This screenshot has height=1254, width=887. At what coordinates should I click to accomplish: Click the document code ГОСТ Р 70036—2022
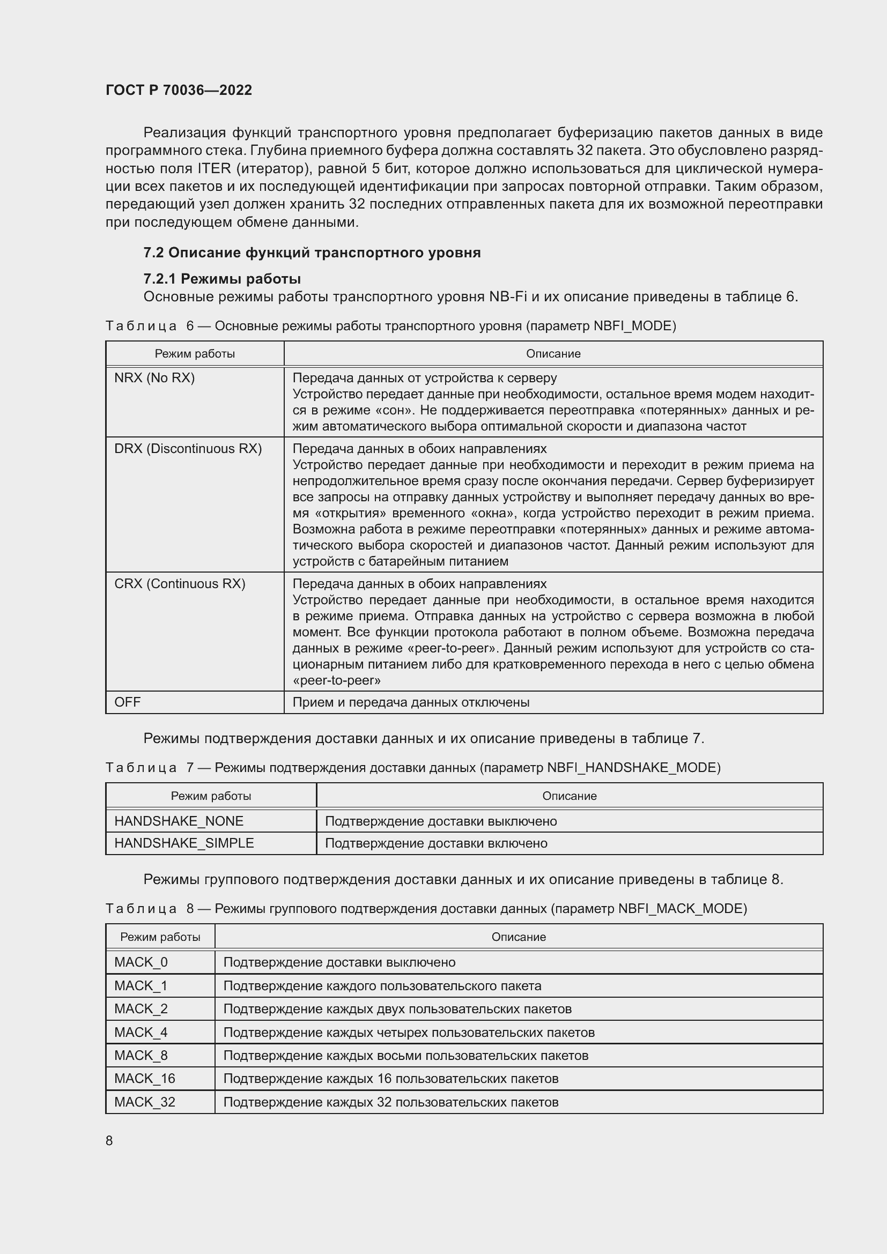coord(179,90)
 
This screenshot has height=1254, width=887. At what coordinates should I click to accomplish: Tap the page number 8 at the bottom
coord(109,1140)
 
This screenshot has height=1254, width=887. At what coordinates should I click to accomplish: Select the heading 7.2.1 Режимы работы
coord(222,279)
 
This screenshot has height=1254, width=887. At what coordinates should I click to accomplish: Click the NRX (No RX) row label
coord(154,378)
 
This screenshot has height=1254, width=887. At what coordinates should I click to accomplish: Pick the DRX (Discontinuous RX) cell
coord(188,448)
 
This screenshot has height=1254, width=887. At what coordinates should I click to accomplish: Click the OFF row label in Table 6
coord(127,702)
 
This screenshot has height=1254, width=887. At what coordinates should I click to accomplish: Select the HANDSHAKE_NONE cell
coord(179,821)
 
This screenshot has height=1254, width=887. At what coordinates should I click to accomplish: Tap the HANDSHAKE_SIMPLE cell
coord(184,843)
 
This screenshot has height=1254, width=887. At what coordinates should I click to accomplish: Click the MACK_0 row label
coord(141,962)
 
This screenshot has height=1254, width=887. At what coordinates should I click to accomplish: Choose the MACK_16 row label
coord(145,1078)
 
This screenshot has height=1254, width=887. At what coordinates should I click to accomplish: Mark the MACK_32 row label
coord(145,1102)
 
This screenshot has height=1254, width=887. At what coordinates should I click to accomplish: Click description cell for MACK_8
coord(405,1055)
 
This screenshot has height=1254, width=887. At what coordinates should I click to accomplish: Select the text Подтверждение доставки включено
coord(436,843)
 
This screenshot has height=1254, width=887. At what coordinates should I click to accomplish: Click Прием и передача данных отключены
coord(411,702)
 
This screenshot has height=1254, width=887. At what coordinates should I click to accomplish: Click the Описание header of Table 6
coord(553,353)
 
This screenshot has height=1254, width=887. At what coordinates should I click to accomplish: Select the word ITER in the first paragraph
coord(213,168)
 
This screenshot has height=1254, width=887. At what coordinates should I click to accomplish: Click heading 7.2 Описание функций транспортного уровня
coord(312,253)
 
